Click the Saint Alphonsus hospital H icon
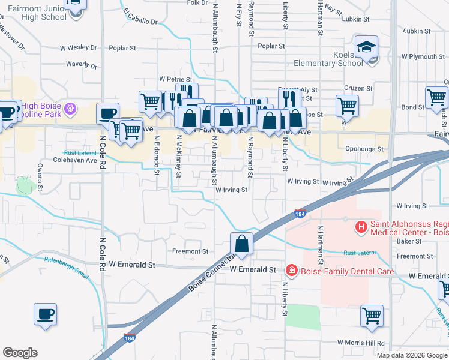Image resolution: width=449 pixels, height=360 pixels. (361, 227)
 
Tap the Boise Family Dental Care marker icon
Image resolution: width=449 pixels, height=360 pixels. (292, 271)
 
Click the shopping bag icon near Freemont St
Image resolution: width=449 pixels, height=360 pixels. (241, 244)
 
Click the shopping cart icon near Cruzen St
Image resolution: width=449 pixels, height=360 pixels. (347, 106)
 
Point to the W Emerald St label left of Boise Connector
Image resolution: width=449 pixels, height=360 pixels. (132, 265)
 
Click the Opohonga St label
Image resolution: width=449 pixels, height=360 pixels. (364, 149)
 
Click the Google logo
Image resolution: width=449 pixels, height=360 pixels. (20, 353)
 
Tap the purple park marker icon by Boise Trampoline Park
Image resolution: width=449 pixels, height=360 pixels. (70, 109)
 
